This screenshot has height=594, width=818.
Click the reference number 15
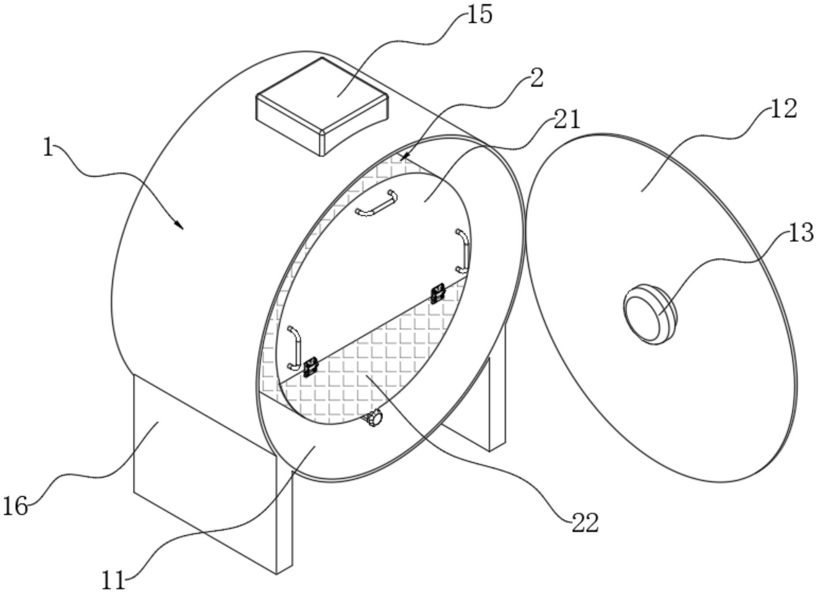pos(480,15)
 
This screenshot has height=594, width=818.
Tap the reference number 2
pos(536,78)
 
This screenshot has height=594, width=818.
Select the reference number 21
pos(567,119)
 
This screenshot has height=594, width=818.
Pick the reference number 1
pos(48,148)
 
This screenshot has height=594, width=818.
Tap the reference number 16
pos(15,506)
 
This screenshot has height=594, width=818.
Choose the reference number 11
pos(113,581)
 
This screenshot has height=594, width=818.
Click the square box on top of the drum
pos(323,106)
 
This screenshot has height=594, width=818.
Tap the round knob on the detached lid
pos(649,314)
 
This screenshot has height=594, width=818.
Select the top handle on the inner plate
pos(376,204)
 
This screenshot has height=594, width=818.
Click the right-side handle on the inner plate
pos(463,250)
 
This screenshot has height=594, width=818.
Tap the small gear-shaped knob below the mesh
pos(375,417)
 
